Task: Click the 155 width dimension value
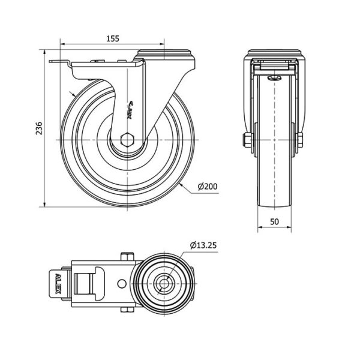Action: [x=113, y=38]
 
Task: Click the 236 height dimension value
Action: [x=38, y=128]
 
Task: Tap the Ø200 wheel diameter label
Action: [x=207, y=187]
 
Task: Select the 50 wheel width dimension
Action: [x=274, y=221]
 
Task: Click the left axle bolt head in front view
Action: [x=247, y=140]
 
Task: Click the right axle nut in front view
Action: [x=299, y=140]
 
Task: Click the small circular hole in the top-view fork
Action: [x=122, y=283]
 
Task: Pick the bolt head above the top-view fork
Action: [x=127, y=257]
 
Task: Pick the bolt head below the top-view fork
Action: [x=127, y=310]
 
